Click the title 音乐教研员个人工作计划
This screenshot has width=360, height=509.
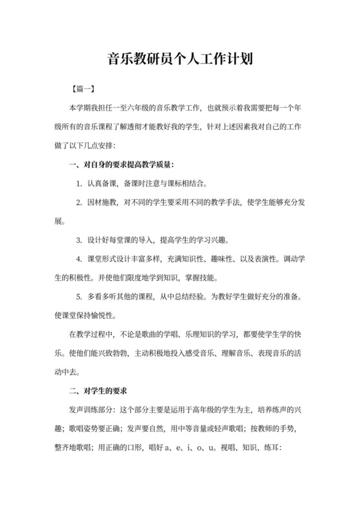click(179, 60)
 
